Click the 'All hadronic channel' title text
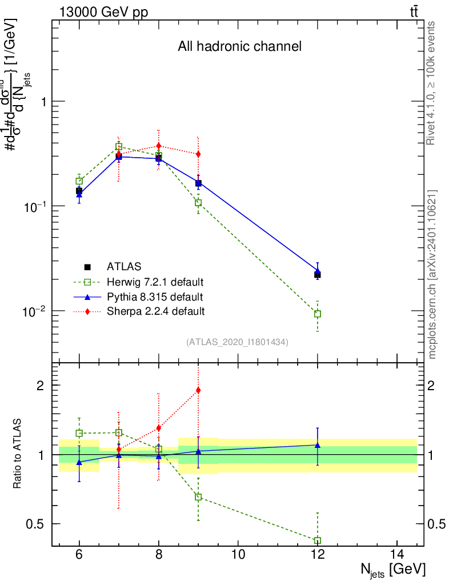[239, 47]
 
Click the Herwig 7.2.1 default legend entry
[155, 282]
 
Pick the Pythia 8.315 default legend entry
[154, 296]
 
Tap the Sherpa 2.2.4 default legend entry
[155, 311]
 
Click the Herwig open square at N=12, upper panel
[318, 314]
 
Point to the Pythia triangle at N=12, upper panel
[318, 271]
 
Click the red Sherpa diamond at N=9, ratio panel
[198, 390]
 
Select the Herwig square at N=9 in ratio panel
[198, 497]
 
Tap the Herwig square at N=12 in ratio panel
[318, 540]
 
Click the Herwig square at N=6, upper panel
[79, 181]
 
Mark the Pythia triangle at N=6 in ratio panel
[79, 462]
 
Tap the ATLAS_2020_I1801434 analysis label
[237, 342]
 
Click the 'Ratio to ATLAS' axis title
[18, 453]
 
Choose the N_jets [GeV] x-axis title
[393, 570]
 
